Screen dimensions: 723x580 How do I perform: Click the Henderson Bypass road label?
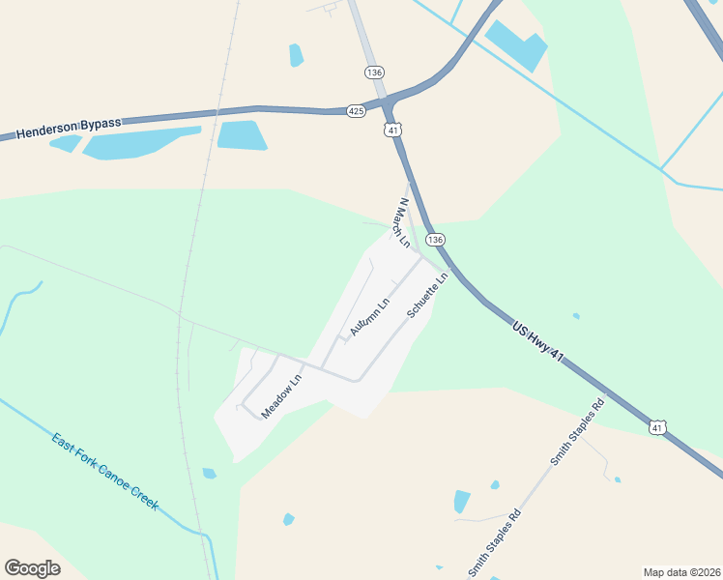point(70,128)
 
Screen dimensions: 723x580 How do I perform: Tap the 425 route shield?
point(357,111)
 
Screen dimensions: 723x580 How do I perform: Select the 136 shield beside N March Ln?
point(436,239)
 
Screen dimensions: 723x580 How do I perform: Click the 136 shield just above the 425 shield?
point(374,72)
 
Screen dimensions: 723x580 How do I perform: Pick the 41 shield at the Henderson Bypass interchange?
point(391,130)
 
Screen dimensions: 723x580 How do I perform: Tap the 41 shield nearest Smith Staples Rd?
point(657,426)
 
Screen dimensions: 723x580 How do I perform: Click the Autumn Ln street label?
point(369,316)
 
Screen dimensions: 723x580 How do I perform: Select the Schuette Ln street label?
point(427,295)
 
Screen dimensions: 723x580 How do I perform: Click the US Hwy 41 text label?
point(537,342)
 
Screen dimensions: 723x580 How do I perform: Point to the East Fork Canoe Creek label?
point(105,473)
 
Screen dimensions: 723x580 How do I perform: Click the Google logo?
point(32,568)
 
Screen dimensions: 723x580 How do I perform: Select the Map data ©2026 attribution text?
point(680,571)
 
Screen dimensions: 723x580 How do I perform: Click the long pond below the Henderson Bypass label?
point(140,143)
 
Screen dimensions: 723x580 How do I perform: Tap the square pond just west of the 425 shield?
point(241,135)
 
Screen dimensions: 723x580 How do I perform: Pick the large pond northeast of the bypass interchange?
point(516,44)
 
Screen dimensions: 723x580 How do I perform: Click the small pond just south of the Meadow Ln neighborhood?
point(210,474)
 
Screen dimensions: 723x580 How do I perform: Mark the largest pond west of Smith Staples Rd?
point(462,502)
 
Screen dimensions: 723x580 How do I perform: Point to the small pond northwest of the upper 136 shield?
point(296,55)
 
